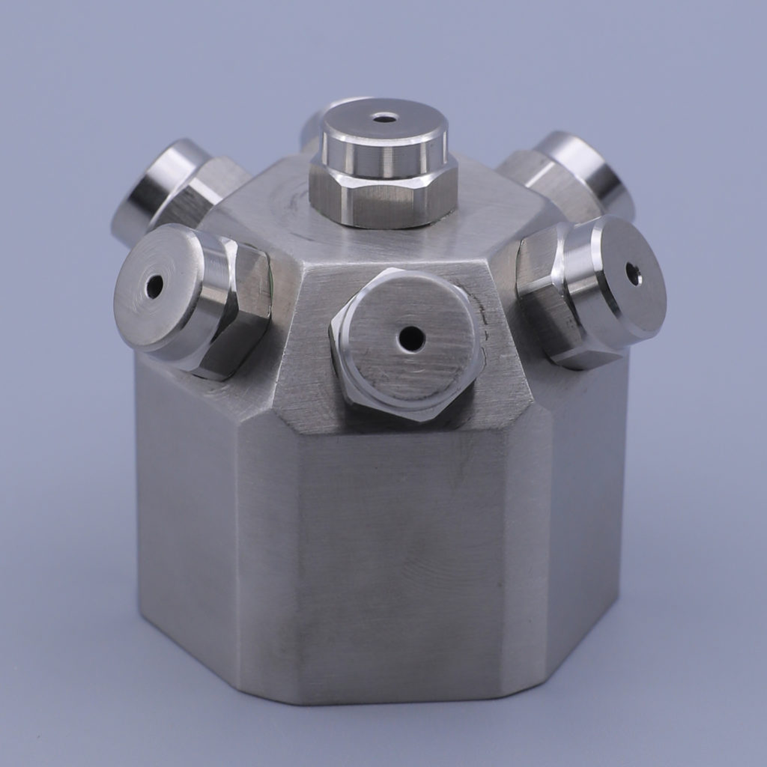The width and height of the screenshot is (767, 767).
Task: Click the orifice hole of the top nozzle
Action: click(385, 118)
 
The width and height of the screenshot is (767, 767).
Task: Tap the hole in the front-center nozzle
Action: click(411, 339)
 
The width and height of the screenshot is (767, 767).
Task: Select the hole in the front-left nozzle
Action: click(154, 286)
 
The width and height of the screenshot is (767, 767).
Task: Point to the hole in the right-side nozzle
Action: click(633, 274)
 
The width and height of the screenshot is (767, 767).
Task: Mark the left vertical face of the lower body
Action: click(187, 509)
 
